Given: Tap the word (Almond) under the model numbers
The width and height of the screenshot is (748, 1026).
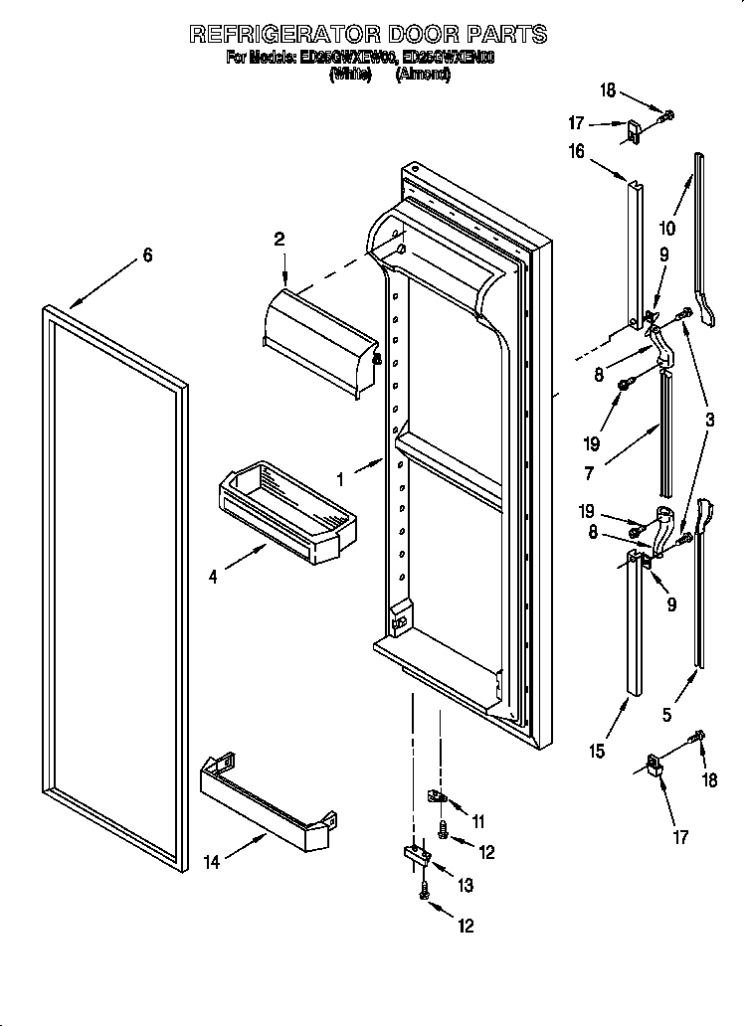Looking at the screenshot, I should [x=423, y=75].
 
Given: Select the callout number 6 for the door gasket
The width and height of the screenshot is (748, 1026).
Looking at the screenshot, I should [x=147, y=256].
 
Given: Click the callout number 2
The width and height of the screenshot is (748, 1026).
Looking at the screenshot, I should [x=280, y=239].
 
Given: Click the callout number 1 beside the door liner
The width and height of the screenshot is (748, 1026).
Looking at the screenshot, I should [x=340, y=479].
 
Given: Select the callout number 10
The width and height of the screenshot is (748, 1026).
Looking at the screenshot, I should [x=666, y=228].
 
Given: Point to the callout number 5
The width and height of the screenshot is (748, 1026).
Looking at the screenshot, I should [x=666, y=714].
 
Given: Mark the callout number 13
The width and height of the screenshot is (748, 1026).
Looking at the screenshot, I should [x=465, y=885].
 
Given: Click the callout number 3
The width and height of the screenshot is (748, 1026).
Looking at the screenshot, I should [x=709, y=420].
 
